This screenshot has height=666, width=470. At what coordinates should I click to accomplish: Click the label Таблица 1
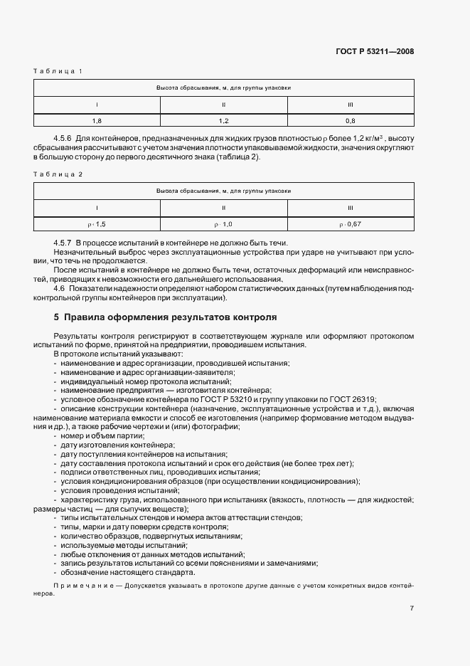pos(58,71)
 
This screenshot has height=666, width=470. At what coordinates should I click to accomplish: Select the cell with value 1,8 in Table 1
pos(97,121)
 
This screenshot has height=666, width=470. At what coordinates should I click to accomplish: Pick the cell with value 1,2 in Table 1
pos(223,121)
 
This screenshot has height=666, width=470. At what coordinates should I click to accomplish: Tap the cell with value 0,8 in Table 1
pos(350,121)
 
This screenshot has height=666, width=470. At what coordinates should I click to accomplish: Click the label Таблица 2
pos(58,174)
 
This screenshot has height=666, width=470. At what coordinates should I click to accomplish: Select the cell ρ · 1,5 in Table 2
pos(97,224)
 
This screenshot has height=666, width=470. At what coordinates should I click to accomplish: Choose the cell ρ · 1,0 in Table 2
pos(223,224)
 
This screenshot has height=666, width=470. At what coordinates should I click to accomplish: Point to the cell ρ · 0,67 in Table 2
pos(350,224)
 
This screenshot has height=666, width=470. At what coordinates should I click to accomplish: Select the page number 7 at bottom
pos(412,608)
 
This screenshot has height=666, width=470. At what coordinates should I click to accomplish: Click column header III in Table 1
pos(350,104)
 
